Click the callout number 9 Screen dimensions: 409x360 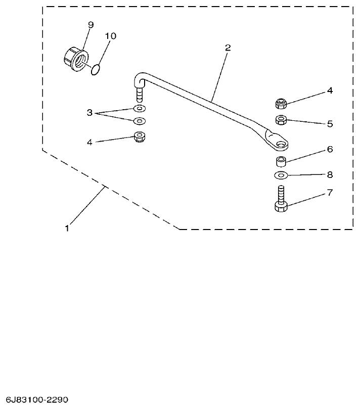91,24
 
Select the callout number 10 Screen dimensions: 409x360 110,36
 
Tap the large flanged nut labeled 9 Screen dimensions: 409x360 76,59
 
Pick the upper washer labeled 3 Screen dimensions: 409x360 139,109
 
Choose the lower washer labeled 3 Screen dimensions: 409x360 139,121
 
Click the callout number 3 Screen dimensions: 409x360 90,113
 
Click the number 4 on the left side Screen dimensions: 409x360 89,143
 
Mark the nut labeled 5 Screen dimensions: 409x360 282,120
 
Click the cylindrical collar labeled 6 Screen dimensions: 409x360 281,162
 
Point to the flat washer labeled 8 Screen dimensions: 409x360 281,175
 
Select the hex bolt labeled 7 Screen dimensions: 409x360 281,201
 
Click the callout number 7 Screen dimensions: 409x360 329,193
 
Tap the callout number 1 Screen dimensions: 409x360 66,228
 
